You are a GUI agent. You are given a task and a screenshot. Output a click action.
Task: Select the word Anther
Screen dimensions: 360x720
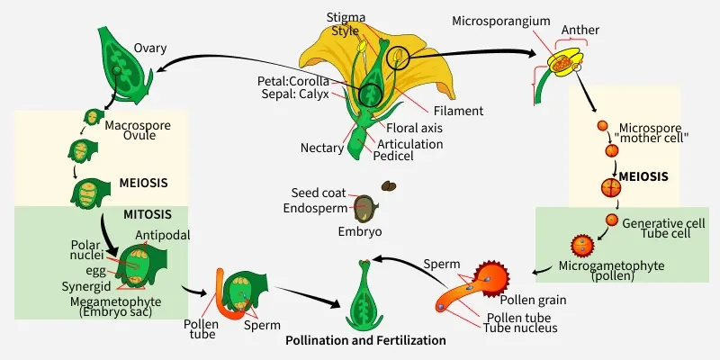click(580, 30)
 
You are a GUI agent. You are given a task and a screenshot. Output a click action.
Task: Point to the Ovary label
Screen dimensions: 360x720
click(149, 48)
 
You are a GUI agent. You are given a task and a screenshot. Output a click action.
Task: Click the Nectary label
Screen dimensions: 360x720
click(322, 147)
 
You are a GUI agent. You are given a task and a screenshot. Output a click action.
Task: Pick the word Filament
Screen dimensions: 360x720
click(457, 111)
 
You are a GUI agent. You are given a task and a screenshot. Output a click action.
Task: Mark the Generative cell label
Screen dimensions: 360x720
click(664, 222)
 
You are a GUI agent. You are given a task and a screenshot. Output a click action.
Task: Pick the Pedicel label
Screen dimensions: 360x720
click(395, 156)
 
